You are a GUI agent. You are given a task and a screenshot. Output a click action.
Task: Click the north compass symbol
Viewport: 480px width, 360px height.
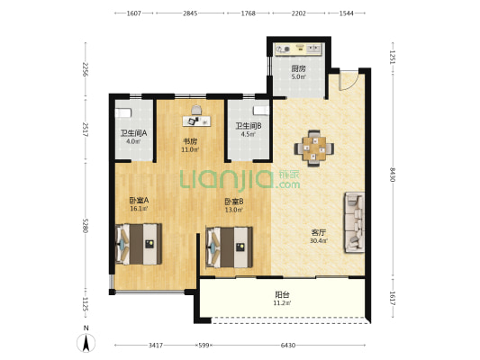point(86,343)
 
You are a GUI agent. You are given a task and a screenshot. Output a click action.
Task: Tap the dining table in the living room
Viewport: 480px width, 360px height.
point(314,148)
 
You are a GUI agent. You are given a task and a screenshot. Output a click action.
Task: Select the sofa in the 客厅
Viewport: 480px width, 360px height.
point(355,222)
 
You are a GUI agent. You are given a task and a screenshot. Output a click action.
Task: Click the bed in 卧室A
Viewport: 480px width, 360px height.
point(139,244)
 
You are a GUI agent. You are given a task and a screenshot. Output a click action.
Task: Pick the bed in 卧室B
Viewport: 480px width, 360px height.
point(230,247)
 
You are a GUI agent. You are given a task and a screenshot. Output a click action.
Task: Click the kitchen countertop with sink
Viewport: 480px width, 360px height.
point(298,49)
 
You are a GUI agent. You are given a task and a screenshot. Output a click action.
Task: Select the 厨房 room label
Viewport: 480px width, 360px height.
point(298,68)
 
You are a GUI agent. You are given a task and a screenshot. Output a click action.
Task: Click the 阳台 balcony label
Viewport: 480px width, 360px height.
point(282,295)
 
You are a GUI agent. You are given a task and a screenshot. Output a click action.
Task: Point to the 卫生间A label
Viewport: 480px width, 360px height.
point(133,133)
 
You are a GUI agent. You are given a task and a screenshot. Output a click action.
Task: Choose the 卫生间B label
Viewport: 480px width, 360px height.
point(248,126)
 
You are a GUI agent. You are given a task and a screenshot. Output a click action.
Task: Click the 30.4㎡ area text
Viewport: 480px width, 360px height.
point(319,240)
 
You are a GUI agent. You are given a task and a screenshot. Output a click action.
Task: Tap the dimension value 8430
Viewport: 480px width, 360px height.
point(393,175)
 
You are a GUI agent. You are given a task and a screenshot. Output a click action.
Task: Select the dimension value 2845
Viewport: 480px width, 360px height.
point(190,13)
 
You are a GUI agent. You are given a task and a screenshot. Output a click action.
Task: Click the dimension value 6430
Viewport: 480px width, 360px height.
point(288,346)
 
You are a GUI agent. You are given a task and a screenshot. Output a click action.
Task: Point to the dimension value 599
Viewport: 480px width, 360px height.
point(204,346)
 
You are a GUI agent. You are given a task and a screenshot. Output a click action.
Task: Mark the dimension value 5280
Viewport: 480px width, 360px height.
point(85,225)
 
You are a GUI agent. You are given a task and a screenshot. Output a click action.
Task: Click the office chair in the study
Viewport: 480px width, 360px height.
point(197,110)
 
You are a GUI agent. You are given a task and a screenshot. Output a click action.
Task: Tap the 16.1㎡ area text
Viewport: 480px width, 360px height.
point(139,209)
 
